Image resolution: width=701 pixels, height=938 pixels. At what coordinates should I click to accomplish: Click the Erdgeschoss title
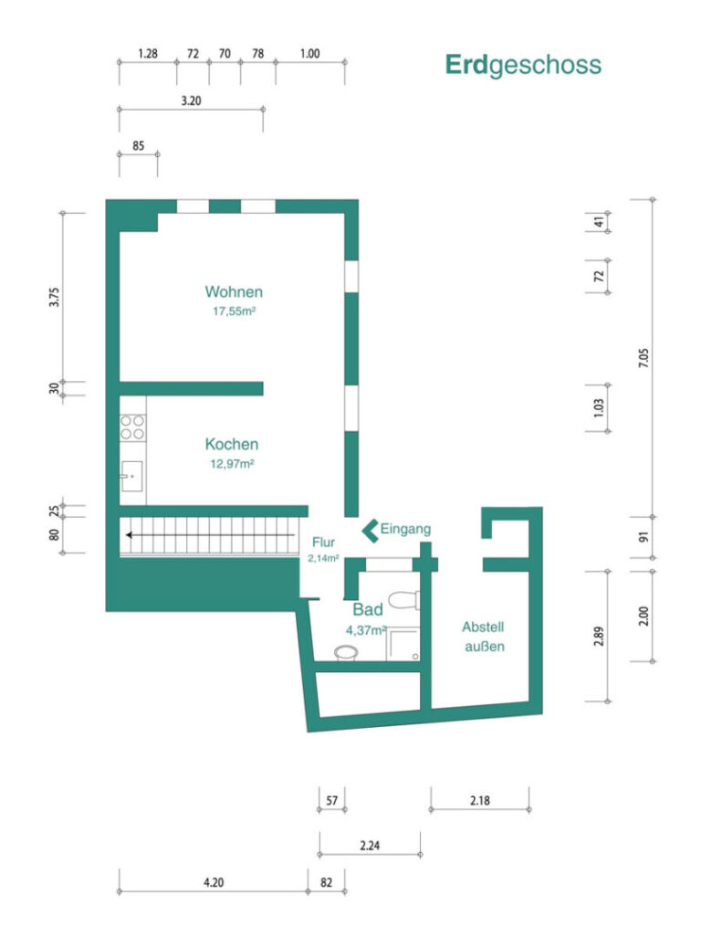click(x=523, y=65)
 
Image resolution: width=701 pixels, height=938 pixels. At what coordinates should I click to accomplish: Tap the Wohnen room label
click(x=234, y=292)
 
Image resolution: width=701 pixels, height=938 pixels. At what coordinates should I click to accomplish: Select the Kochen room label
click(x=232, y=445)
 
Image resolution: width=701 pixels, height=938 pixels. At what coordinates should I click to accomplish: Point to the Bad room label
click(x=368, y=609)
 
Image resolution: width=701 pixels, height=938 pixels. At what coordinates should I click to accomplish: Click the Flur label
click(x=323, y=543)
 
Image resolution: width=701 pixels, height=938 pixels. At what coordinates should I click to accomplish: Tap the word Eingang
click(x=405, y=529)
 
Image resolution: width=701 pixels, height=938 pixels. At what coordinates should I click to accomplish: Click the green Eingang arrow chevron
click(x=371, y=530)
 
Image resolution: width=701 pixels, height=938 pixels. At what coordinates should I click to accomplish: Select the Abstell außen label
click(x=484, y=637)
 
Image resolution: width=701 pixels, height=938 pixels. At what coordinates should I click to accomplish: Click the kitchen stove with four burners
click(x=132, y=427)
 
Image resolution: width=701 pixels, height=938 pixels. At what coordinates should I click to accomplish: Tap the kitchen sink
click(x=131, y=476)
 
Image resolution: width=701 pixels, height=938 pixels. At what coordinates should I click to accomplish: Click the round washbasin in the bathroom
click(x=346, y=652)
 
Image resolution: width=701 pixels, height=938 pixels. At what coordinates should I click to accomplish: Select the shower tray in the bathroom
click(x=403, y=644)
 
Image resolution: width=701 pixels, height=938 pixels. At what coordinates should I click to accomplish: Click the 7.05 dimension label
click(x=643, y=358)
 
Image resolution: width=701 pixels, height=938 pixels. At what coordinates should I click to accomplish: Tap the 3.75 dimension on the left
click(x=54, y=298)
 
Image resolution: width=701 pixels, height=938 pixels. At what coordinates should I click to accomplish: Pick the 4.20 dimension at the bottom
click(x=214, y=882)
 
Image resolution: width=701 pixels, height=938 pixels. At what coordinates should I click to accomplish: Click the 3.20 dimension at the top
click(x=192, y=101)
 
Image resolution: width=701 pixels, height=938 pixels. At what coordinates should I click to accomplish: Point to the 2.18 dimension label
click(x=480, y=800)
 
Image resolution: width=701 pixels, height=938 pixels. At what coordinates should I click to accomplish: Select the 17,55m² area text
click(x=235, y=311)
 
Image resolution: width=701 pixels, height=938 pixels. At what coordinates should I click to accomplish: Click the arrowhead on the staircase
click(x=129, y=535)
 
